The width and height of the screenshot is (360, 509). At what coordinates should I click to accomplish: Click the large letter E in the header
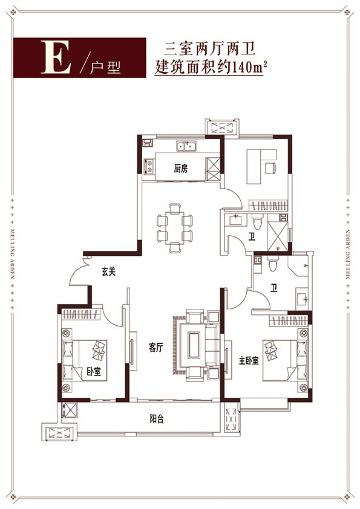click(x=56, y=57)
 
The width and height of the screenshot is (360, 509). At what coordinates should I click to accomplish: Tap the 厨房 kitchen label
click(x=181, y=169)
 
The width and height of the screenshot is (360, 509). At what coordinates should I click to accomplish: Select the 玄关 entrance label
click(x=108, y=271)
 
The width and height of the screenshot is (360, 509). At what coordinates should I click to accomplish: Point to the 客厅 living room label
click(x=155, y=348)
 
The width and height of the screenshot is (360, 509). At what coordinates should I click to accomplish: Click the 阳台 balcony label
click(x=157, y=419)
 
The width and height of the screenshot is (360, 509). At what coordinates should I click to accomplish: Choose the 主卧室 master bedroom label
click(x=249, y=360)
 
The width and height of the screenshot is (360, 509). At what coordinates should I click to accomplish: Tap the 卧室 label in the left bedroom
click(x=94, y=372)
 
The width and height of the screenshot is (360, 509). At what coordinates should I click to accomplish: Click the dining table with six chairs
click(x=175, y=227)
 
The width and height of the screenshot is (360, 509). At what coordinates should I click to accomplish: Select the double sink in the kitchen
click(x=186, y=146)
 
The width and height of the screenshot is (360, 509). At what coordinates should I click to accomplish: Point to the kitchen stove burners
click(x=149, y=166)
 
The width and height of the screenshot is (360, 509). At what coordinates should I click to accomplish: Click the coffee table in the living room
click(x=195, y=345)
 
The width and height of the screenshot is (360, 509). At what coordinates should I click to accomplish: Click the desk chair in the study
click(x=270, y=168)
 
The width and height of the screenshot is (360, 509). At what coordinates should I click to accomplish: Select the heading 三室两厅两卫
click(x=209, y=50)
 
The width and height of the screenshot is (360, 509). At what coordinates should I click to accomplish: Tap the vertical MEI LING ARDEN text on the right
click(x=349, y=254)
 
